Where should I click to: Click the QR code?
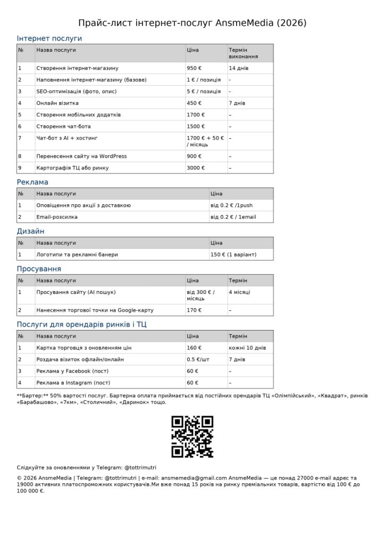pyautogui.click(x=192, y=437)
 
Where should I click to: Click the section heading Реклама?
pyautogui.click(x=32, y=182)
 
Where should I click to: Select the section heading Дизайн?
pyautogui.click(x=30, y=231)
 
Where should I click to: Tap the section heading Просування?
pyautogui.click(x=39, y=269)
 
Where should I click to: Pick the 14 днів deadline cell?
pyautogui.click(x=239, y=68)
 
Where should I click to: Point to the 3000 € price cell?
pyautogui.click(x=196, y=168)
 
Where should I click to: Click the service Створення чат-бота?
pyautogui.click(x=63, y=127)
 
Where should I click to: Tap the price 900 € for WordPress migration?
pyautogui.click(x=194, y=156)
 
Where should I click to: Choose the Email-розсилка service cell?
pyautogui.click(x=57, y=217)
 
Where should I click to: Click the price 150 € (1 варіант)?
pyautogui.click(x=233, y=254)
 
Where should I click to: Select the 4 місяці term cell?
pyautogui.click(x=240, y=292)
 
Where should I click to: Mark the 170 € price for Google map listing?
pyautogui.click(x=194, y=310)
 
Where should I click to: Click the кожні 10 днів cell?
pyautogui.click(x=247, y=348)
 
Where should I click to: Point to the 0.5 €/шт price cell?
pyautogui.click(x=198, y=360)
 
